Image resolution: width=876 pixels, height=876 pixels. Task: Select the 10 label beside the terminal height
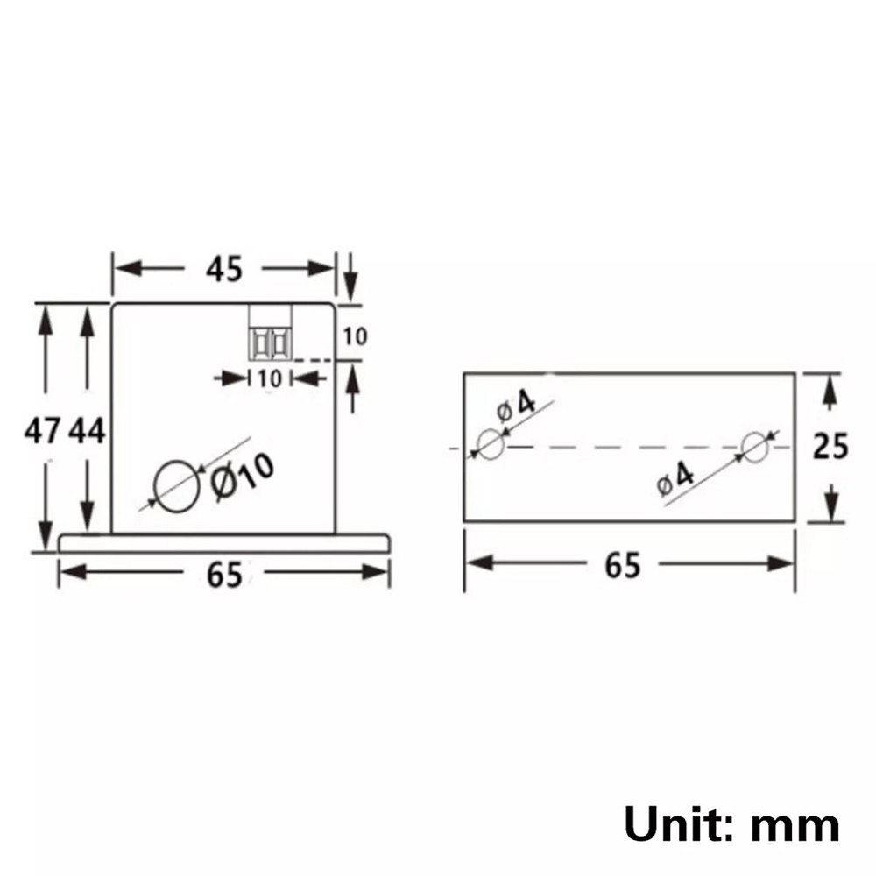coord(355,336)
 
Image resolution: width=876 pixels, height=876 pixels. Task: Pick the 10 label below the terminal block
coord(270,378)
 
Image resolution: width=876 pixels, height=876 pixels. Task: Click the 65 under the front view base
coord(224,575)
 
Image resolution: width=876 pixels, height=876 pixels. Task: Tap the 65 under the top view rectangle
coord(623,565)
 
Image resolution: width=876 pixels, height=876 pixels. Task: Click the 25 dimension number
coord(830,447)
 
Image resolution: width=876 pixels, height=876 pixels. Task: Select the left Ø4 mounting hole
coord(491,445)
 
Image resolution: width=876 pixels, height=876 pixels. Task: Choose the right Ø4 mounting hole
coord(754,446)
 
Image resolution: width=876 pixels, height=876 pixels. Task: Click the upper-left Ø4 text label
coord(516,406)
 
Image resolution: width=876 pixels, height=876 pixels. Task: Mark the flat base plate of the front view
coord(224,542)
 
